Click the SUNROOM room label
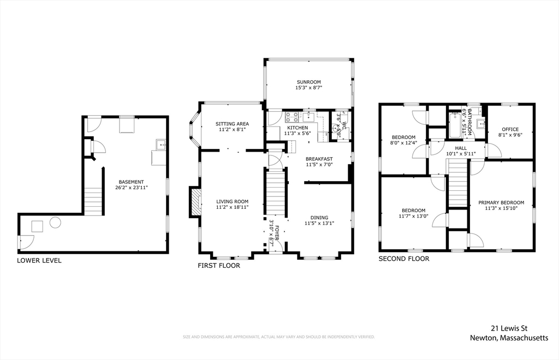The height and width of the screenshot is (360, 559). pos(309,82)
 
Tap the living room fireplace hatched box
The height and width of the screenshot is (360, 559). pos(195,202)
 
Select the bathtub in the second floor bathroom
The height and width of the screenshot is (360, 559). pos(455,125)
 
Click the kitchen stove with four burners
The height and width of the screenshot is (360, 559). pos(292,117)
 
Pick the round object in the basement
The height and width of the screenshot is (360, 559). pos(55,223)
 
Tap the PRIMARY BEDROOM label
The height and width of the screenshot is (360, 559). pos(501,202)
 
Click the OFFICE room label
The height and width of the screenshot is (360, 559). pos(510,129)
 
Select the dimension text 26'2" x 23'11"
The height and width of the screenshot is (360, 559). pos(131,187)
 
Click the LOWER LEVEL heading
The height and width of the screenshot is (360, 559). pos(39,260)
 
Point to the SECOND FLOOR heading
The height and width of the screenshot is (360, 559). pos(404,259)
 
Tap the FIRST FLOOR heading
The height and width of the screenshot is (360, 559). pos(219,266)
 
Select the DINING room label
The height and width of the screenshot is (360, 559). pos(319,218)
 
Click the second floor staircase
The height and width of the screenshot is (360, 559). pos(457,183)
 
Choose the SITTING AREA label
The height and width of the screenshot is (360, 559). pos(232,124)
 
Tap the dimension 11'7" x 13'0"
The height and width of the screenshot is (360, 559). pos(414,216)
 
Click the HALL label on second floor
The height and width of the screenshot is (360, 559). pos(461,148)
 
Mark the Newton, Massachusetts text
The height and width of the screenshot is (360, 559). pos(509,338)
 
